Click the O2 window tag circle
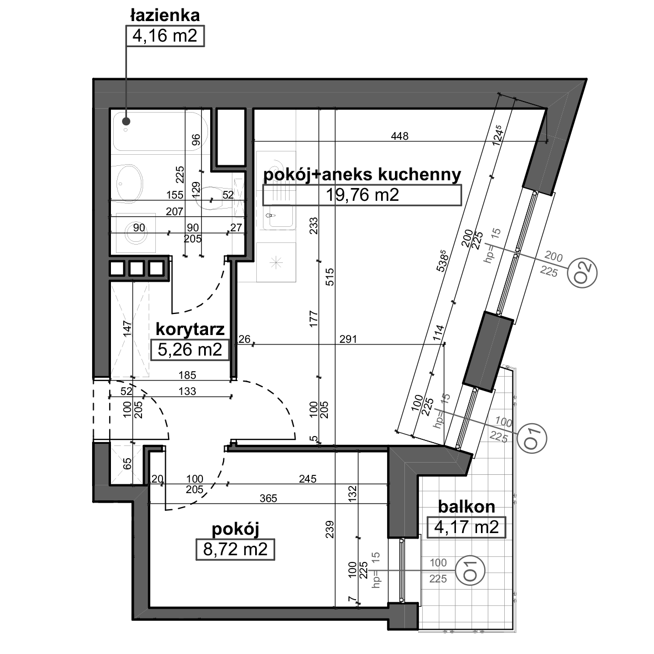tap(582, 273)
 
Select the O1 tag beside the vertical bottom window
tap(470, 571)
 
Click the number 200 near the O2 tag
tap(553, 257)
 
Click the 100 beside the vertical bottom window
tap(438, 564)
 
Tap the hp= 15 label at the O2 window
tap(492, 245)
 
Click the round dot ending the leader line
tap(126, 121)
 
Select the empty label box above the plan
tap(165, 36)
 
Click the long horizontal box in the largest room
tap(362, 195)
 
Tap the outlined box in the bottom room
tap(235, 549)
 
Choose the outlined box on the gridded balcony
tap(467, 528)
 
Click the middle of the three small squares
tap(136, 269)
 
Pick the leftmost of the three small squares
tap(117, 269)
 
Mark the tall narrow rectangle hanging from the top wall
tap(231, 138)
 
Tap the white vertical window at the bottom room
tap(404, 570)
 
